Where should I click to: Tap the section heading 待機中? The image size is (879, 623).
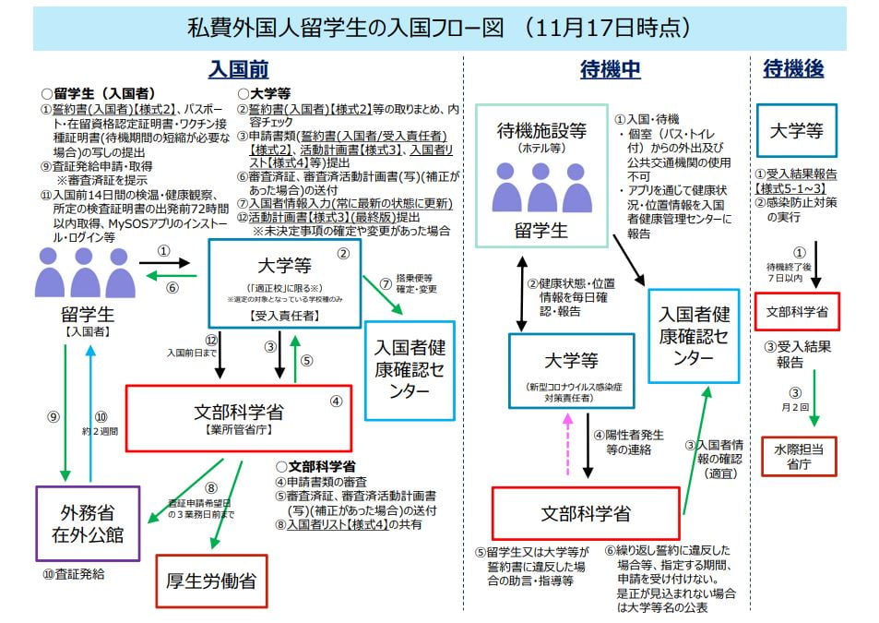pos(610,69)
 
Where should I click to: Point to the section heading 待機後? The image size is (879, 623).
pos(793,68)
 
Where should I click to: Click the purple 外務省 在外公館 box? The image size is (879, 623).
pos(88,522)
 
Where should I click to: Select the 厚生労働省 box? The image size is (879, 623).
pos(210,581)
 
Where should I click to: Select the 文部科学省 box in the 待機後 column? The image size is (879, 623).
pos(797,312)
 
